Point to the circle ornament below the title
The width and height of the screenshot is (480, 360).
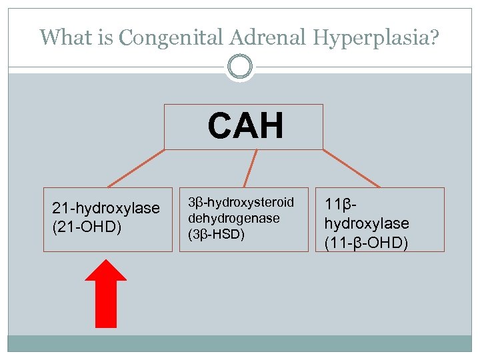240,67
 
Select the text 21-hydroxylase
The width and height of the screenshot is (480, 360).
106,208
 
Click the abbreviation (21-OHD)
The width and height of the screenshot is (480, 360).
87,227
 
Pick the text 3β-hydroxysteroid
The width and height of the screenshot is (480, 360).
241,202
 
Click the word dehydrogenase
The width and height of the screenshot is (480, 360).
233,218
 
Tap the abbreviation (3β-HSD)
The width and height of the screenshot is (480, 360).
217,234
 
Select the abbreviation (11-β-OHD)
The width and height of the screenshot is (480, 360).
366,243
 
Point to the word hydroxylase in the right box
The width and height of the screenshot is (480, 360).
367,223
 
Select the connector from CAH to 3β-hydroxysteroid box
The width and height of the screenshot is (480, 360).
251,168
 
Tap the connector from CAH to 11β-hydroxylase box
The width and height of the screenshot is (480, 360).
351,168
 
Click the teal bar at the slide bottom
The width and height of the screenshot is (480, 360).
240,343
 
